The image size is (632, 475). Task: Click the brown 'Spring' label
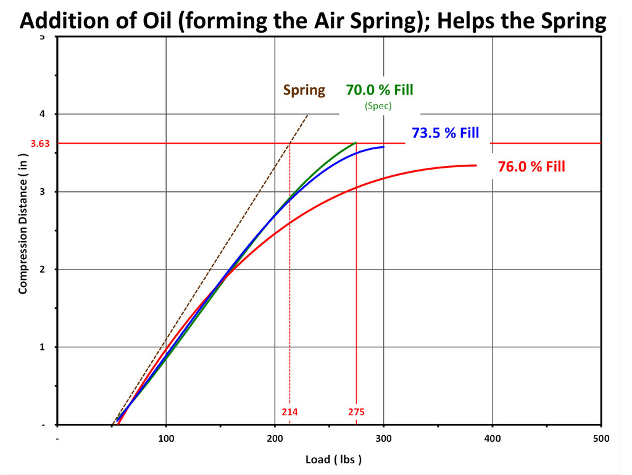304,90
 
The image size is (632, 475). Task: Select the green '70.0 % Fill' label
379,90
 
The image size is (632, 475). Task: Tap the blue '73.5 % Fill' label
445,133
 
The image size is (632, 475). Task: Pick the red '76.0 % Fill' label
531,166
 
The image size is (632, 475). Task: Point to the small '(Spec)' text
378,105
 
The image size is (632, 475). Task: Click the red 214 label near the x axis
289,412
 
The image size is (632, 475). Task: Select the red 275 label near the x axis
356,412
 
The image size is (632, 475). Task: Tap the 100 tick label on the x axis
166,439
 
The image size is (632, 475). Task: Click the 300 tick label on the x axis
383,439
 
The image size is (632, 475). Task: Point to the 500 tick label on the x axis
601,439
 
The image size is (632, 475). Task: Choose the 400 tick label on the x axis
492,439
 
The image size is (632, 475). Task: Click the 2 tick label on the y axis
44,270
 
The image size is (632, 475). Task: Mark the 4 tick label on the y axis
44,114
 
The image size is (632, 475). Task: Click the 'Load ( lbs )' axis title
333,460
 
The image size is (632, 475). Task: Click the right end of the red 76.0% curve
476,165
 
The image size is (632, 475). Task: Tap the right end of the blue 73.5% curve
383,147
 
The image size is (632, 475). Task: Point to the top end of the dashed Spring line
307,115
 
